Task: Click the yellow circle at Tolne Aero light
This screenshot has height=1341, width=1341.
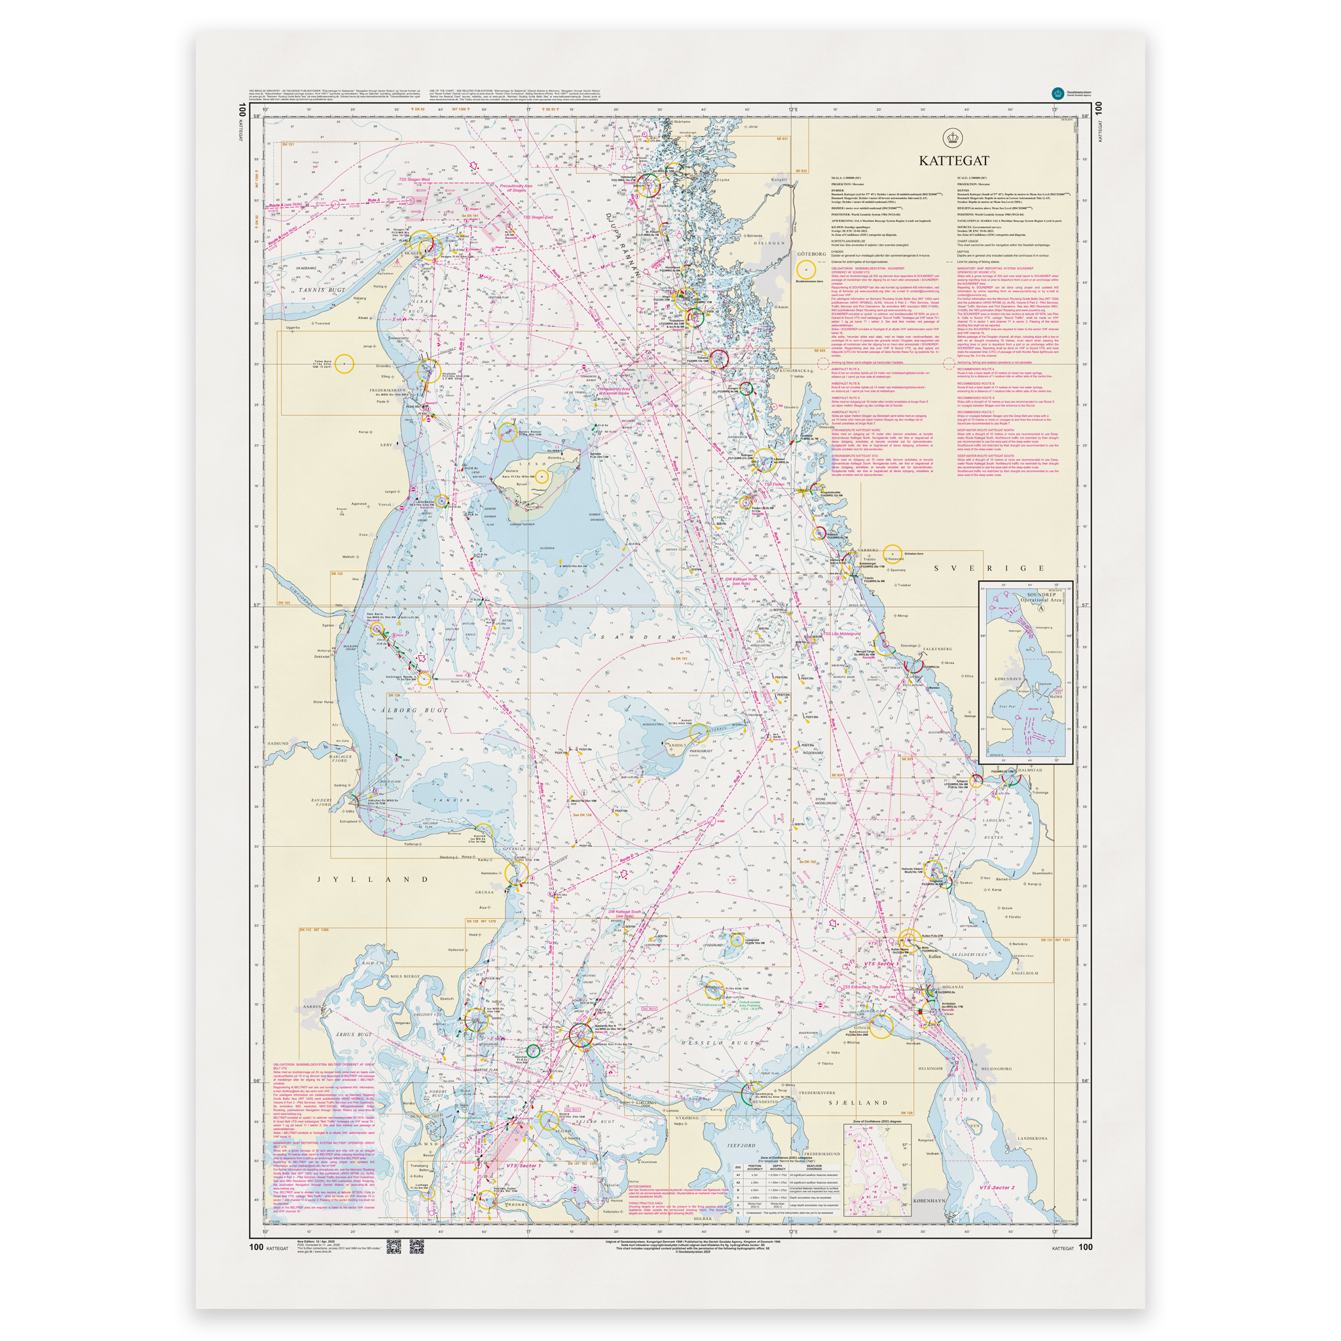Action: pyautogui.click(x=344, y=363)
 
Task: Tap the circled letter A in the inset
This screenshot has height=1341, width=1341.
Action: pyautogui.click(x=1039, y=608)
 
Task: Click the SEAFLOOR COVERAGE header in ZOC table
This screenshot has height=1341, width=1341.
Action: pyautogui.click(x=813, y=1167)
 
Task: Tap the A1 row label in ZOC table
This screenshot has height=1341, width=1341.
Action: pyautogui.click(x=738, y=1175)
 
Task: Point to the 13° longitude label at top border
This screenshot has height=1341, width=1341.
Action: pyautogui.click(x=1054, y=109)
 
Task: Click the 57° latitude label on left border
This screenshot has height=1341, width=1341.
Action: pyautogui.click(x=256, y=605)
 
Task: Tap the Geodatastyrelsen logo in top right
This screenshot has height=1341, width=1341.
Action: pyautogui.click(x=1058, y=92)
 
